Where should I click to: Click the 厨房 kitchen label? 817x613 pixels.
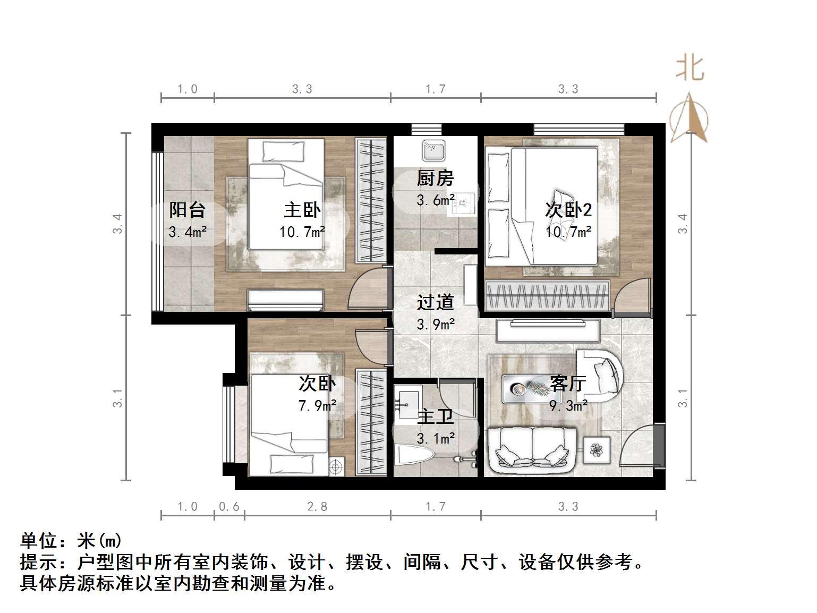click(x=435, y=178)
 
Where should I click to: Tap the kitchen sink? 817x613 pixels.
click(x=433, y=151)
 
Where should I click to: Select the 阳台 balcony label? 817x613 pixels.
click(x=187, y=210)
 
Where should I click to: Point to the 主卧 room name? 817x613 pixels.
click(x=302, y=210)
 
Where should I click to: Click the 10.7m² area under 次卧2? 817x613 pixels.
click(x=568, y=232)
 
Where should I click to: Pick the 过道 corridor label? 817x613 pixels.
click(x=435, y=302)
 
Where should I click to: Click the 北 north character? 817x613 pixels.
click(x=690, y=68)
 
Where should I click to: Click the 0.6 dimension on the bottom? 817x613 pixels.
click(x=229, y=507)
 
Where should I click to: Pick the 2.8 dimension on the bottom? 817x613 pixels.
click(x=317, y=507)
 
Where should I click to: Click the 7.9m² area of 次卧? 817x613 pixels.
click(x=317, y=406)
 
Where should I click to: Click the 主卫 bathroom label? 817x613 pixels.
click(x=435, y=418)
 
